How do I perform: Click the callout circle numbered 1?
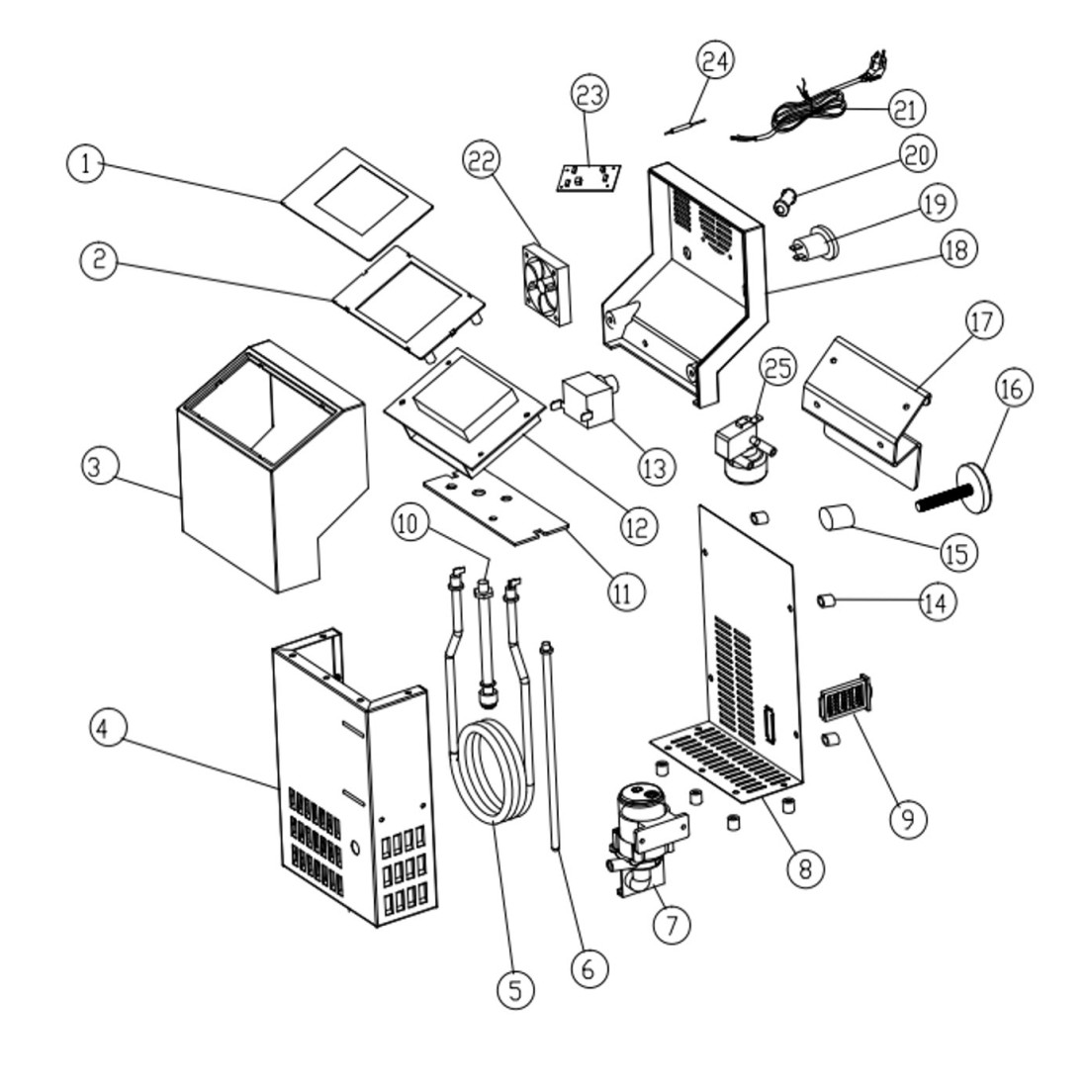pos(87,163)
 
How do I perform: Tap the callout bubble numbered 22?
pos(483,161)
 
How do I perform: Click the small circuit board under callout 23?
pos(589,180)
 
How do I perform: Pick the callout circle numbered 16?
pos(1011,388)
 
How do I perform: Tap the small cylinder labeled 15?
pos(838,516)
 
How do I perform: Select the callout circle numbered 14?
pos(937,601)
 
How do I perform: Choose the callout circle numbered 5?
pos(514,989)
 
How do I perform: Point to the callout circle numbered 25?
pos(777,368)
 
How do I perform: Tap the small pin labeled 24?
pos(681,126)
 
